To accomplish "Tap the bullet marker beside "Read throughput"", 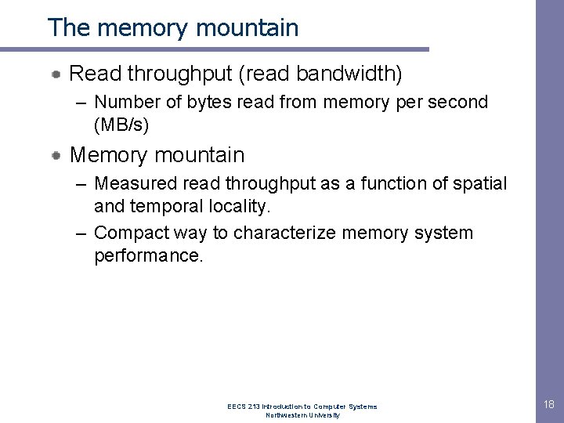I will coord(58,74).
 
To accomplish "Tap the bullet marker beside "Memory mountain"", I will coord(58,155).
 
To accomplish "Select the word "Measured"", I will coord(132,185).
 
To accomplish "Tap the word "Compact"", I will coord(128,233).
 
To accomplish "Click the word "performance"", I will coord(147,255).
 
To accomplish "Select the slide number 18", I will coord(547,403).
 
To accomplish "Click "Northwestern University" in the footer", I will coord(302,415).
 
